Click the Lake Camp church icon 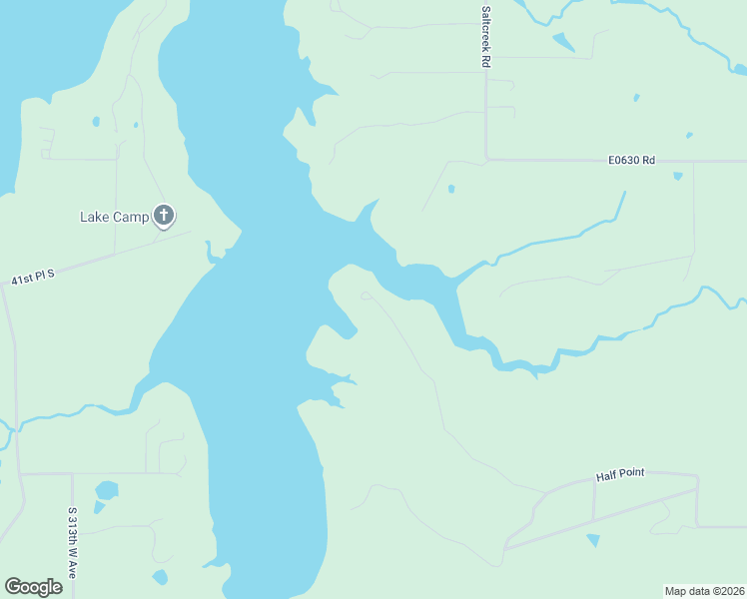(164, 215)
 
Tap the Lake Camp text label (114, 216)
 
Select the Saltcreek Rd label (486, 39)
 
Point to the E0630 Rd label (631, 160)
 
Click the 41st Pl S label (32, 278)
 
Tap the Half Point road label (620, 477)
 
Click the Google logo (33, 587)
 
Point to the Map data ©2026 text (704, 591)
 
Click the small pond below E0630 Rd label (678, 177)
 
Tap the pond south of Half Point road (594, 540)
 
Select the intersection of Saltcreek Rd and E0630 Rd (486, 159)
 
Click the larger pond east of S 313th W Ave (106, 490)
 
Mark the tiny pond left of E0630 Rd (451, 188)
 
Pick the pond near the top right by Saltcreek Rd (564, 43)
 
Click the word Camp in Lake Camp (130, 216)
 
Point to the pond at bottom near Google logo (160, 577)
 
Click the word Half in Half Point (605, 477)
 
